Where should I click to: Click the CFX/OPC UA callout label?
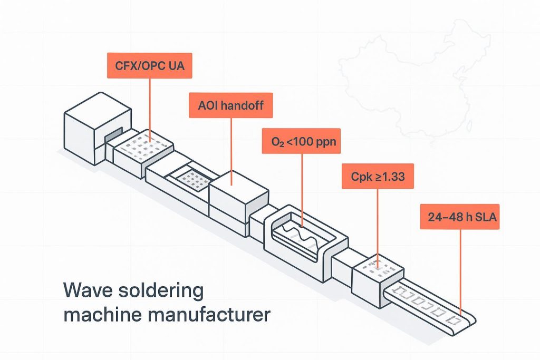149,67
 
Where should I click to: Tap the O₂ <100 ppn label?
301,141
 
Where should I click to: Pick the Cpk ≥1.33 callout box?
378,177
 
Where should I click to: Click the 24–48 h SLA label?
460,217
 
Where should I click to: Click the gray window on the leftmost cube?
114,136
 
